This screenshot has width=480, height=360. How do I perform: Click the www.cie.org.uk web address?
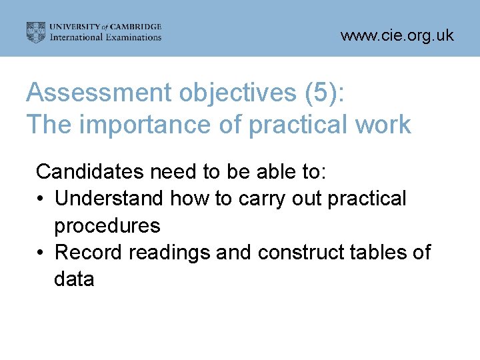[397, 35]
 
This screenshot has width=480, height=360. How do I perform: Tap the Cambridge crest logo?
[36, 32]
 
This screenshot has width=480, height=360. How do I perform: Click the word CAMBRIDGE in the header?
[136, 27]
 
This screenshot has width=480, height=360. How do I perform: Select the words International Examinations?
[106, 37]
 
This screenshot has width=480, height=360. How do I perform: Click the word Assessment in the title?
[98, 93]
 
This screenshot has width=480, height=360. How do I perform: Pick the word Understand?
[109, 199]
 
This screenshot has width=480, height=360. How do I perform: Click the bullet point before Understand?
[41, 199]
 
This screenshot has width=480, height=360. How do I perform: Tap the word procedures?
[107, 226]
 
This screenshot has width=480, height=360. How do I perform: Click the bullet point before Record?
[41, 253]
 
